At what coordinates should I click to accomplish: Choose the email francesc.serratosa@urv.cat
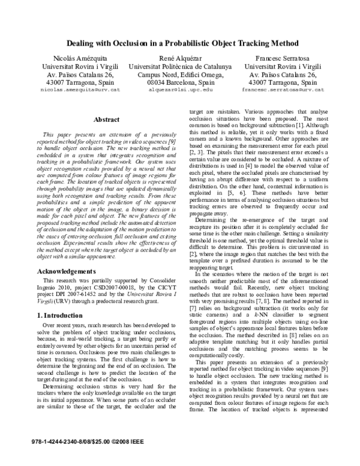283,89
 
